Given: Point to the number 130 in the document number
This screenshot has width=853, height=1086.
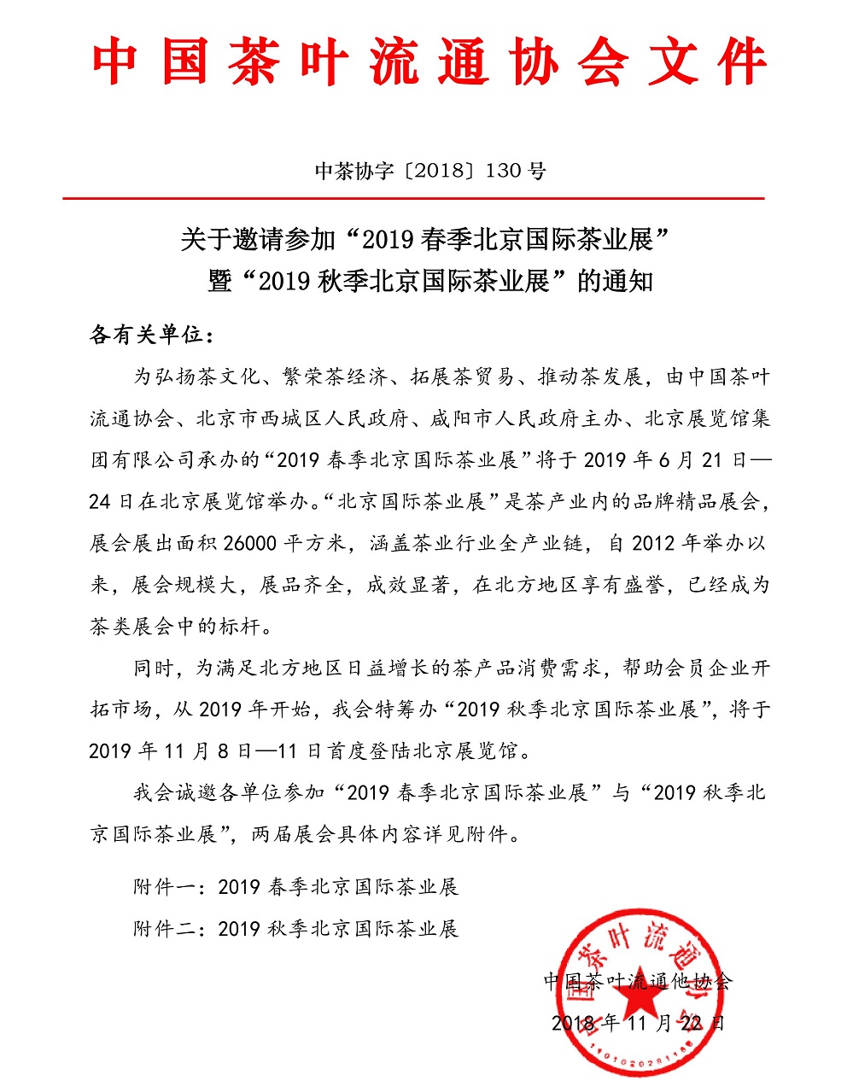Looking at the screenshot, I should click(502, 171).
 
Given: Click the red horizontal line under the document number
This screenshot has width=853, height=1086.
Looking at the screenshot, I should click(413, 198).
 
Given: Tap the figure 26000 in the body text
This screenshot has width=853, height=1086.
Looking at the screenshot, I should click(253, 544).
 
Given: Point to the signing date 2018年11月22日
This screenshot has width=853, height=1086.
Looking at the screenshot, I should click(637, 1023).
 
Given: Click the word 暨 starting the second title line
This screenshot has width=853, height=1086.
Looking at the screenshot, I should click(219, 281).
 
